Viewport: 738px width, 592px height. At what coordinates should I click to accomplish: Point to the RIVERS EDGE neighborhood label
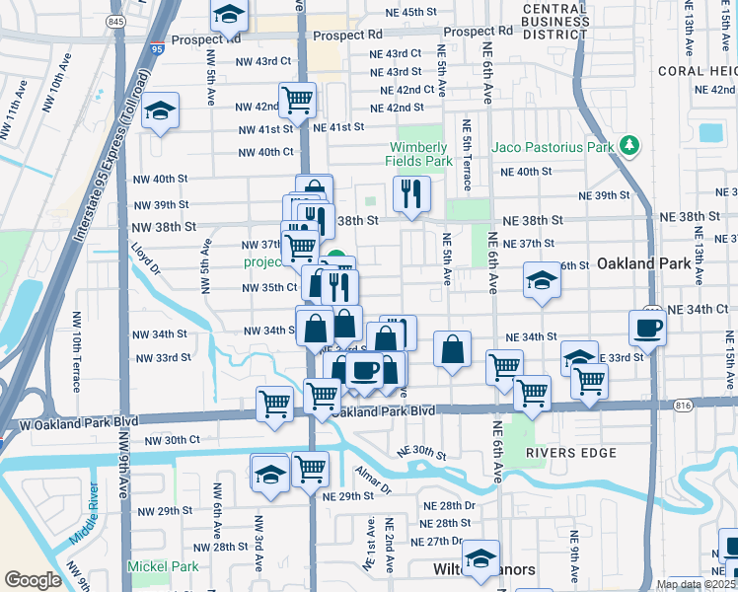click(x=571, y=453)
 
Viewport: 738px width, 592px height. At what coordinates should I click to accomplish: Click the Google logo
click(x=33, y=579)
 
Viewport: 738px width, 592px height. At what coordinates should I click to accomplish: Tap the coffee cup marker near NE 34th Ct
click(x=648, y=328)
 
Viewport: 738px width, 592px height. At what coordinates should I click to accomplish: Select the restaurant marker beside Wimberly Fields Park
click(x=411, y=193)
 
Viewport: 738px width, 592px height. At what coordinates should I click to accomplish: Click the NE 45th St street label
click(x=404, y=12)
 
